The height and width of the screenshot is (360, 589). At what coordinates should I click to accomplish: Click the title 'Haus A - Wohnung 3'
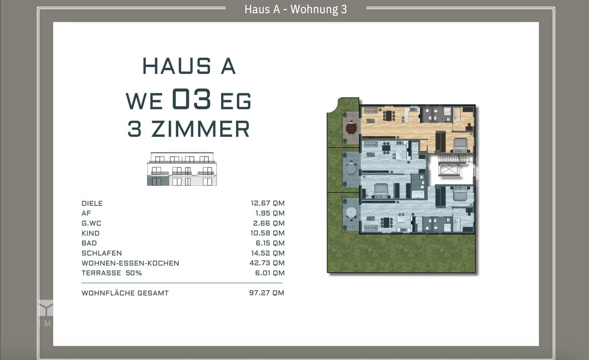point(295,9)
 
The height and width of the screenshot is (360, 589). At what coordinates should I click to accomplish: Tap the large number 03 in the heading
point(191,99)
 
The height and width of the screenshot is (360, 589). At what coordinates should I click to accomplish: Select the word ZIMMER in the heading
point(201,129)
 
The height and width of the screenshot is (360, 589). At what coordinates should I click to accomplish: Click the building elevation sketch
point(182,169)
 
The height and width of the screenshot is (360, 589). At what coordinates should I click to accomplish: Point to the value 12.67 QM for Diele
point(268,203)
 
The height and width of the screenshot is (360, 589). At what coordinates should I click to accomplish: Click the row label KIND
point(90,233)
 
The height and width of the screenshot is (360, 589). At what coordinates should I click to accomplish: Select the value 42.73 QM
point(267,263)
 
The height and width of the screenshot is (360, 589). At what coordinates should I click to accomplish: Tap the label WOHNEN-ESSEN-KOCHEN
point(130,263)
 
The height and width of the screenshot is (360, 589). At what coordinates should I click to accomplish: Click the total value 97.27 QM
point(267,293)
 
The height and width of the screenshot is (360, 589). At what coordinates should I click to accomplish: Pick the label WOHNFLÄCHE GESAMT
point(125,293)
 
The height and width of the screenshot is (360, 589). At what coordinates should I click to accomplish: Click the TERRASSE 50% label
point(111,273)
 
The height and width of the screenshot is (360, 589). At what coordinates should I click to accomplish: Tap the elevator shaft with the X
point(449,170)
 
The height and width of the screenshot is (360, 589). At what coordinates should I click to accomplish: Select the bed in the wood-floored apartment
point(460,145)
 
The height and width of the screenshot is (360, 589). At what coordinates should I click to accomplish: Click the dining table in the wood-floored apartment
point(389,116)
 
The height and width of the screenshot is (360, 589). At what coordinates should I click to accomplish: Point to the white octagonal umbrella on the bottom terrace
point(351,212)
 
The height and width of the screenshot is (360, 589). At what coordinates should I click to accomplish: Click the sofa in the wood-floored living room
point(371,111)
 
